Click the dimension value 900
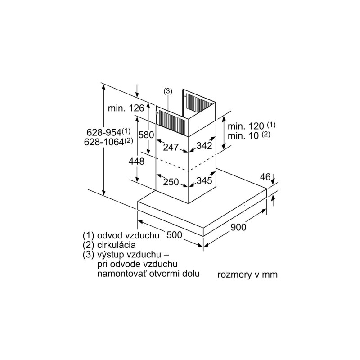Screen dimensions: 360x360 tap(238, 227)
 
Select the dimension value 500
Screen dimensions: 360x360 tap(174, 235)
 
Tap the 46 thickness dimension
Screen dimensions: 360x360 tap(265, 177)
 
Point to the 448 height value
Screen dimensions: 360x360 tap(136, 162)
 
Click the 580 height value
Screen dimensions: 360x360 tap(146, 135)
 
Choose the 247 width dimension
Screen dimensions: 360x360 tap(171, 147)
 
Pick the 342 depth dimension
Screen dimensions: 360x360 tap(204, 145)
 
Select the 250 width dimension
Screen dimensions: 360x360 tap(171, 182)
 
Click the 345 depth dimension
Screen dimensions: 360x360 tap(204, 180)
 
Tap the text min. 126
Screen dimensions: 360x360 tap(126, 108)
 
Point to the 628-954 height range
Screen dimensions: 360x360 tap(108, 132)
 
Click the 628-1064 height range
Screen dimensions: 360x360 tap(108, 142)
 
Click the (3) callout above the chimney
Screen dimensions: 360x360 tap(168, 91)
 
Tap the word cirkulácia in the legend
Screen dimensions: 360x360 tap(117, 245)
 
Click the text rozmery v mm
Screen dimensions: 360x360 tap(247, 274)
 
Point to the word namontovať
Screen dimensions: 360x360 tap(121, 274)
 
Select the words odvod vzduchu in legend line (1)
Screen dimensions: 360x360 tap(128, 235)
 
